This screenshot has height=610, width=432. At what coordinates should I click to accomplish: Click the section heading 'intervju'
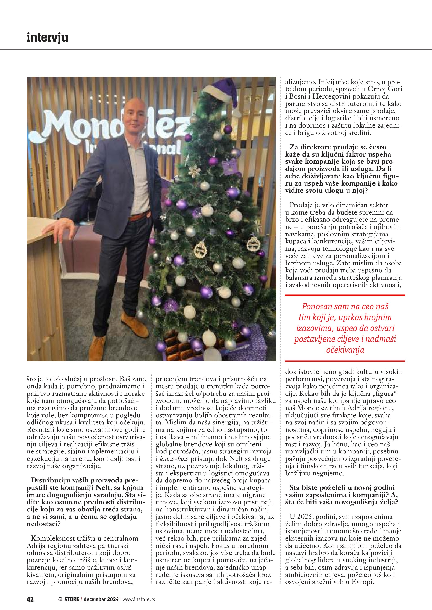tap(47, 38)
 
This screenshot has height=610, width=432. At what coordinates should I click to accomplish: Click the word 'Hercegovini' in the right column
tap(331, 96)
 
